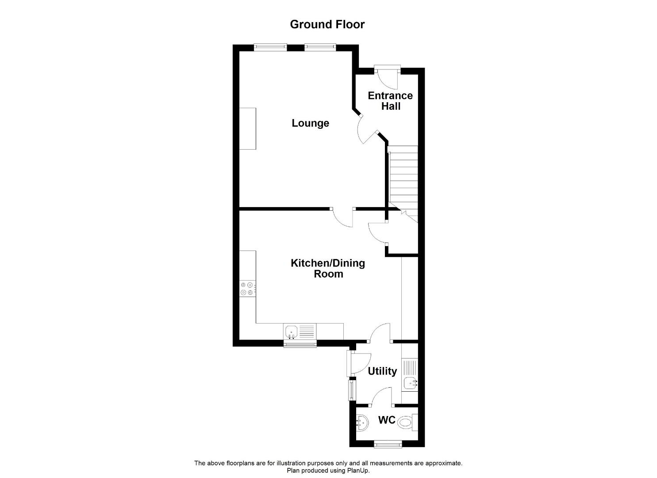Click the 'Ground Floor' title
click(x=327, y=24)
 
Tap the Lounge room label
click(x=310, y=123)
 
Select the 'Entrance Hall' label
click(x=390, y=100)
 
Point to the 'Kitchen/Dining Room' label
click(x=328, y=268)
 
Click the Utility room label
click(x=382, y=371)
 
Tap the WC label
click(x=387, y=420)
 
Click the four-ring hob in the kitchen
click(x=248, y=289)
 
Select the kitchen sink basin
click(x=291, y=332)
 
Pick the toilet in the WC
click(x=408, y=422)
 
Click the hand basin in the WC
click(x=362, y=423)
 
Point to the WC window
click(x=388, y=445)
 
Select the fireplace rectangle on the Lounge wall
click(x=248, y=128)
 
